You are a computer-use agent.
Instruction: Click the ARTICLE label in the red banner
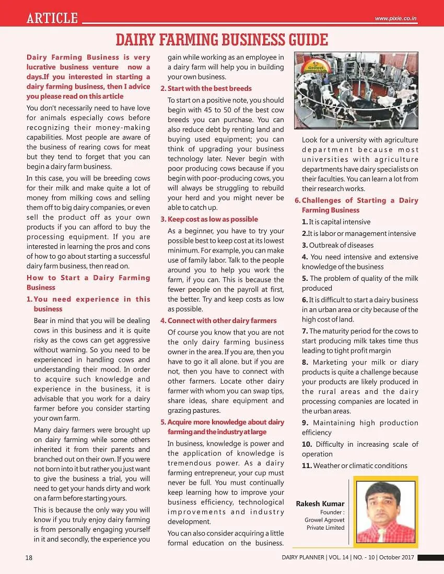coord(52,18)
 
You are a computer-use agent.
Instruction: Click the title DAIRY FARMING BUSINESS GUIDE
coord(221,40)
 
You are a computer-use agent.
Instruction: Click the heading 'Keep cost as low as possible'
coord(212,219)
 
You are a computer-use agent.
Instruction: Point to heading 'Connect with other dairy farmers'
coord(221,320)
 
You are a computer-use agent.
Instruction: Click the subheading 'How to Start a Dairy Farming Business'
coord(88,282)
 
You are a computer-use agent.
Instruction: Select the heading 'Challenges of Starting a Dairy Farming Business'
coord(359,205)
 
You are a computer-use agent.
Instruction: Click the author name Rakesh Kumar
coord(320,504)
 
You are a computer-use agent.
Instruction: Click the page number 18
coord(29,557)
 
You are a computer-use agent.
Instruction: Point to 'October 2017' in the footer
coord(397,557)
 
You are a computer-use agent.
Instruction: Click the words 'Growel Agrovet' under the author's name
coord(324,520)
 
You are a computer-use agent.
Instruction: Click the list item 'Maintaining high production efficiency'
coord(359,427)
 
